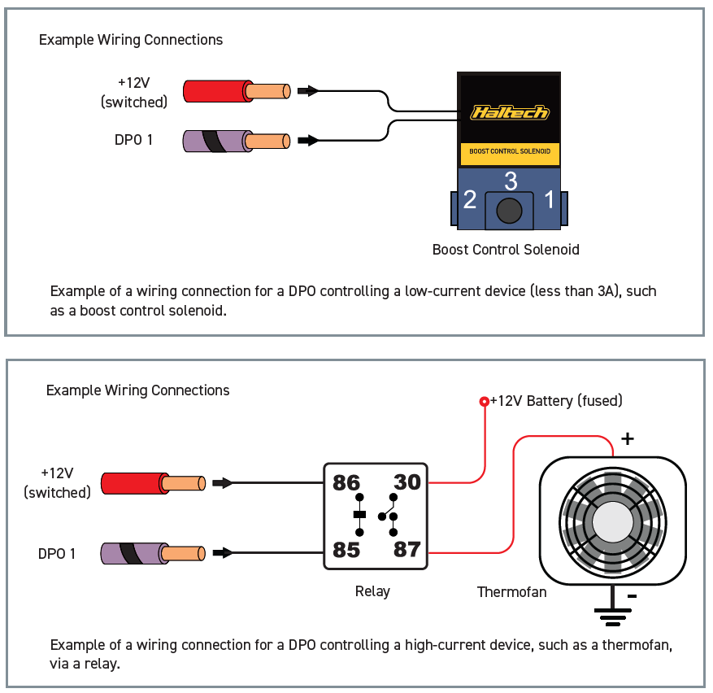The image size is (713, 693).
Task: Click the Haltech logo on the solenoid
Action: (x=510, y=112)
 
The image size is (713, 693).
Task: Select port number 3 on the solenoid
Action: (x=511, y=181)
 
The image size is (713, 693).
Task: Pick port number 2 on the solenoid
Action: (x=470, y=199)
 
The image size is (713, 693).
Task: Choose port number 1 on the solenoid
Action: (x=550, y=199)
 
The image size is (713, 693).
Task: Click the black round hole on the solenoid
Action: (x=509, y=211)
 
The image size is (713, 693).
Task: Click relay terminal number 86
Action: (x=346, y=483)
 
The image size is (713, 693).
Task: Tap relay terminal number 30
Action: (x=407, y=482)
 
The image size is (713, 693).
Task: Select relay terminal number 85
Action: (x=346, y=550)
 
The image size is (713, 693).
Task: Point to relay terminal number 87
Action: (x=407, y=549)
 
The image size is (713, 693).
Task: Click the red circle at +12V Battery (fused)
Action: (x=485, y=401)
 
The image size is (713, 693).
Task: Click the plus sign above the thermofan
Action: (x=628, y=438)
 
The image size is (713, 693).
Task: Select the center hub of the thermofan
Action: (x=612, y=522)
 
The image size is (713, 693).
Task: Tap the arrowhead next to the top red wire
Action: (x=308, y=91)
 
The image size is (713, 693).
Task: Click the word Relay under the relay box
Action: (x=372, y=591)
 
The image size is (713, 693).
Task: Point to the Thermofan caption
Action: (x=511, y=592)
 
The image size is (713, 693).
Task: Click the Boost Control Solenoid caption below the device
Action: (x=506, y=250)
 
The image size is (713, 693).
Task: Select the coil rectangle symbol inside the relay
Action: (x=359, y=515)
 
